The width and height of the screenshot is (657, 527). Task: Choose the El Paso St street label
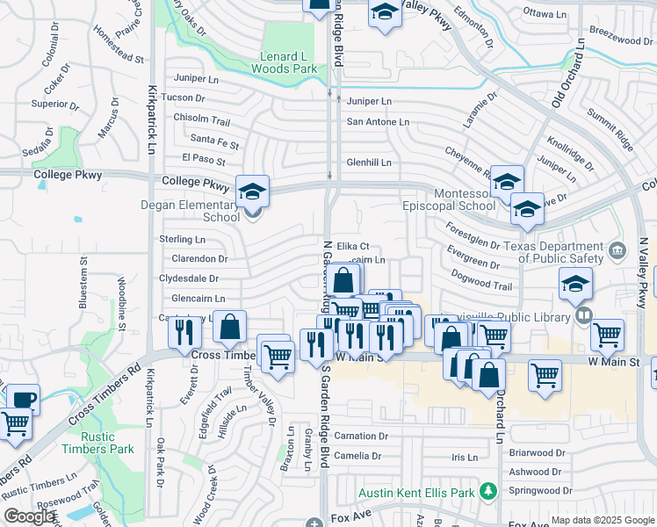(x=203, y=159)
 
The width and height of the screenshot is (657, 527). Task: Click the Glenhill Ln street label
(x=369, y=162)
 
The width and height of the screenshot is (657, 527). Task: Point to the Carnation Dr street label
(x=361, y=436)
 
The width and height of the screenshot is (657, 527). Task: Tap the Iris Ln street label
(x=465, y=458)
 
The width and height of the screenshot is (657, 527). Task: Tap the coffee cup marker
(x=23, y=398)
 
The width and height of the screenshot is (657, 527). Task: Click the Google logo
(x=30, y=516)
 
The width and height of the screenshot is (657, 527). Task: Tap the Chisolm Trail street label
(x=201, y=119)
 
